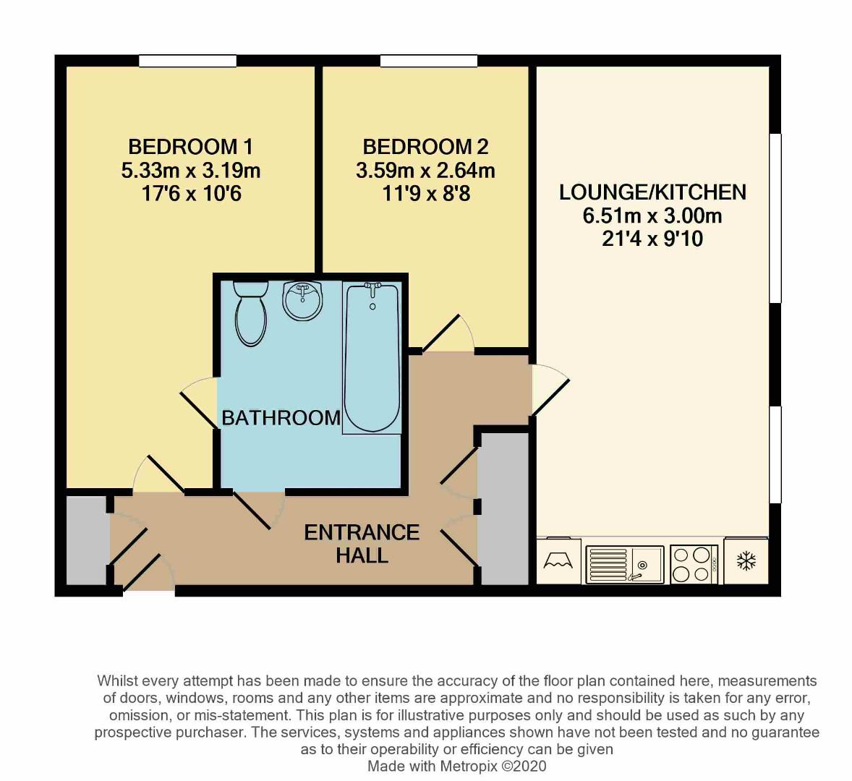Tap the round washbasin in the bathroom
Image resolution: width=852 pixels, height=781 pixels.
pyautogui.click(x=302, y=300)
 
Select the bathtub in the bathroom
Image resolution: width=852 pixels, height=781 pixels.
pyautogui.click(x=372, y=358)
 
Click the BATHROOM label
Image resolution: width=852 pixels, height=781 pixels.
pyautogui.click(x=281, y=417)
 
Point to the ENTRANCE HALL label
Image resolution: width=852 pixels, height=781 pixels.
pyautogui.click(x=362, y=544)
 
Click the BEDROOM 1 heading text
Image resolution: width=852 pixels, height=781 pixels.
pyautogui.click(x=190, y=147)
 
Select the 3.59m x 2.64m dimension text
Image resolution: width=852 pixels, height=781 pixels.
pyautogui.click(x=425, y=171)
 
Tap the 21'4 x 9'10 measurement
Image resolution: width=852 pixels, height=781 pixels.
pyautogui.click(x=652, y=239)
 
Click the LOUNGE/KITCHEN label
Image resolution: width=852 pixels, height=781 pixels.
pyautogui.click(x=652, y=192)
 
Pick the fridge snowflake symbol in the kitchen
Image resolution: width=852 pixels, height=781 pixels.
pyautogui.click(x=746, y=560)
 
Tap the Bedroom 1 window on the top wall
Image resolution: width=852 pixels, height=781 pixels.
pyautogui.click(x=188, y=61)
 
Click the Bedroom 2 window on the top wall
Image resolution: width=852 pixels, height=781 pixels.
pyautogui.click(x=428, y=61)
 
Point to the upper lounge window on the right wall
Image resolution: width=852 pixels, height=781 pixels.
pyautogui.click(x=775, y=217)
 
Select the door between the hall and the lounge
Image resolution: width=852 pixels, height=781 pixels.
pyautogui.click(x=548, y=390)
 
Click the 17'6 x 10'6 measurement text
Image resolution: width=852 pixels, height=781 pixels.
pyautogui.click(x=190, y=194)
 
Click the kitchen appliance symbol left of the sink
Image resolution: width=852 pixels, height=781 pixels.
pyautogui.click(x=558, y=560)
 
